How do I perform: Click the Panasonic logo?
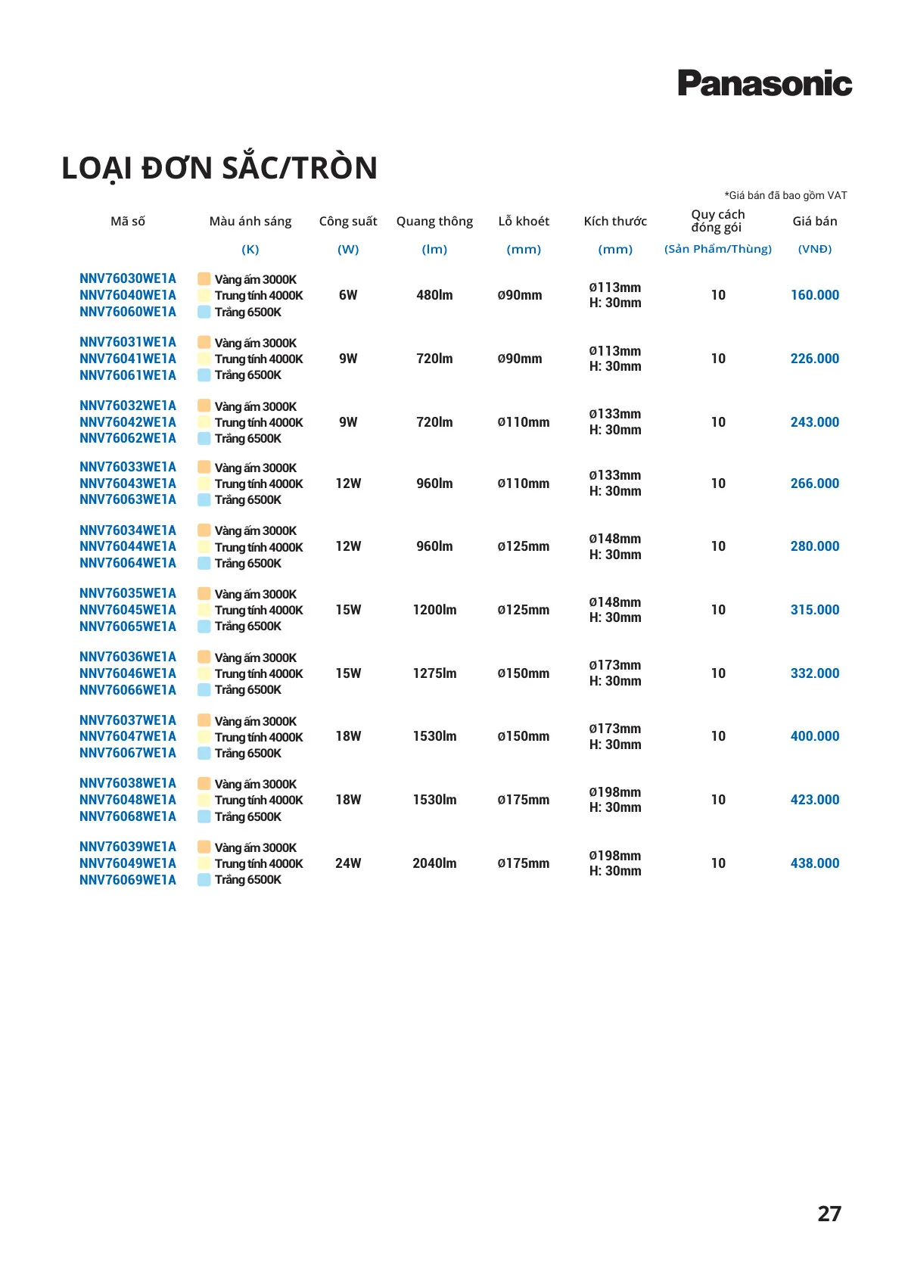coord(764,83)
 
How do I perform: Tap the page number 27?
coord(829,1214)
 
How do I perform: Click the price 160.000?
coord(814,295)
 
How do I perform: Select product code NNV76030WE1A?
coord(127,278)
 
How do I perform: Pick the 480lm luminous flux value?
coord(434,295)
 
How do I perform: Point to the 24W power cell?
coord(348,863)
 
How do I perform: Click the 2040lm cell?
coord(434,863)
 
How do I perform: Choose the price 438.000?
coord(814,863)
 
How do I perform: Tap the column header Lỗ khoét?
coord(524,221)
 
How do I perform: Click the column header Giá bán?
coord(814,221)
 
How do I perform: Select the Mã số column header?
coord(127,221)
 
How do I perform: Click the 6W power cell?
coord(348,295)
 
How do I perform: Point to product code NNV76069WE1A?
coord(127,880)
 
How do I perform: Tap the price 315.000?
coord(814,610)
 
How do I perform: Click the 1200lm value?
coord(434,610)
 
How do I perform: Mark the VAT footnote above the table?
coord(785,195)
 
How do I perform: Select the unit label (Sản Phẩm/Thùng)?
coord(717,249)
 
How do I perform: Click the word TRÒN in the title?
coord(335,168)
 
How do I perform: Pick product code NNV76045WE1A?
coord(127,610)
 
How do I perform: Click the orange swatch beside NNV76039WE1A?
coord(204,847)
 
